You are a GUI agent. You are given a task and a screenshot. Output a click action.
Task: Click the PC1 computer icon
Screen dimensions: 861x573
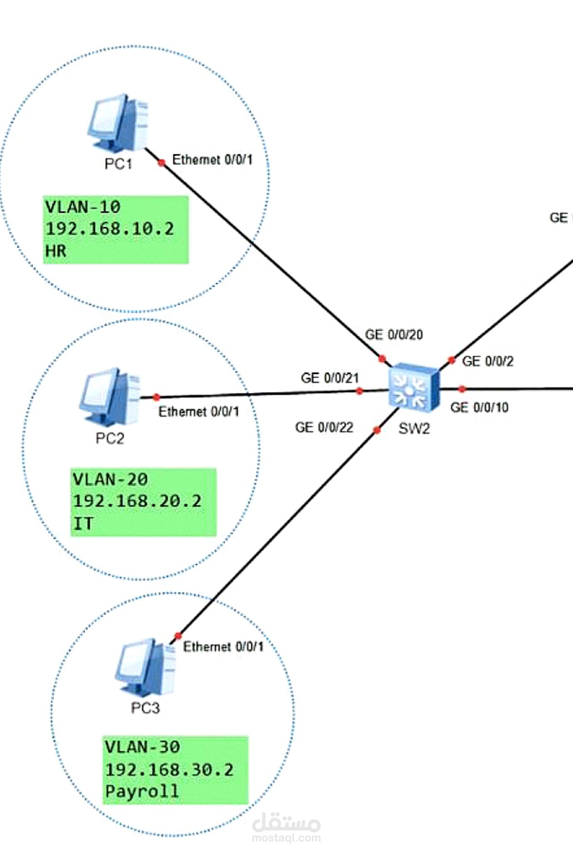coord(118,122)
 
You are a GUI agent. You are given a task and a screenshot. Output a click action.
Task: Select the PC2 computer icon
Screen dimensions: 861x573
coord(109,396)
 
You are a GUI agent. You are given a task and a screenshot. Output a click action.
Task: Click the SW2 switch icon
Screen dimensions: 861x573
coord(414,387)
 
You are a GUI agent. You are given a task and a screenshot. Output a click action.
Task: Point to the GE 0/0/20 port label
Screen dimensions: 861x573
coord(394,335)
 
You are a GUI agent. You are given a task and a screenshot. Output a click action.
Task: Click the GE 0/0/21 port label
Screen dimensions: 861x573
coord(330,378)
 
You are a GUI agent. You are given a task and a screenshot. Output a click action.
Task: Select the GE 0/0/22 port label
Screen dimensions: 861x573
coord(324,427)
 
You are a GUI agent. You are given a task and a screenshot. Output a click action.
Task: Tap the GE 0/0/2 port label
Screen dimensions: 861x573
coord(487,361)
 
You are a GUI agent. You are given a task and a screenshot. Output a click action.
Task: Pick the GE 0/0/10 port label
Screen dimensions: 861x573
coord(479,408)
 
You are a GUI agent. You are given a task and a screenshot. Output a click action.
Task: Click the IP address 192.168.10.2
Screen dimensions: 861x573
coord(110,229)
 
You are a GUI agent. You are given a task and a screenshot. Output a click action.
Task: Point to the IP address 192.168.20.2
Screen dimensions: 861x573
coord(137,501)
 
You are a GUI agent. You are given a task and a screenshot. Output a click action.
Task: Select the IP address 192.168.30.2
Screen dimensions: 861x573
coord(169,770)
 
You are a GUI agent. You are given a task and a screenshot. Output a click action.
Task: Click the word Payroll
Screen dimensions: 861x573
coord(142,791)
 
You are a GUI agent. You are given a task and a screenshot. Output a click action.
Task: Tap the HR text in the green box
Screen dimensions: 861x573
coord(56,251)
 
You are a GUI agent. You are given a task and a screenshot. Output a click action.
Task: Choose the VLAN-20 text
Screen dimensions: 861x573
coord(110,479)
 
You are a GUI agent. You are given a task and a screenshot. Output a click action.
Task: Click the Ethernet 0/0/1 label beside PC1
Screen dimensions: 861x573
coord(212,160)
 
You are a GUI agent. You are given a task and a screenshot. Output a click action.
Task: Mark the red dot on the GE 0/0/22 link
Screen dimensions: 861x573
coord(377,430)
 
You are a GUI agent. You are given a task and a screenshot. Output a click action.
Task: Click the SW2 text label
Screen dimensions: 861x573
coord(414,429)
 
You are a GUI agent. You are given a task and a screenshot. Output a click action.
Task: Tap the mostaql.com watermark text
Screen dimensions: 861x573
coord(286,838)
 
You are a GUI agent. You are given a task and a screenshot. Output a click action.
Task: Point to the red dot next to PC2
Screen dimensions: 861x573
coord(156,397)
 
